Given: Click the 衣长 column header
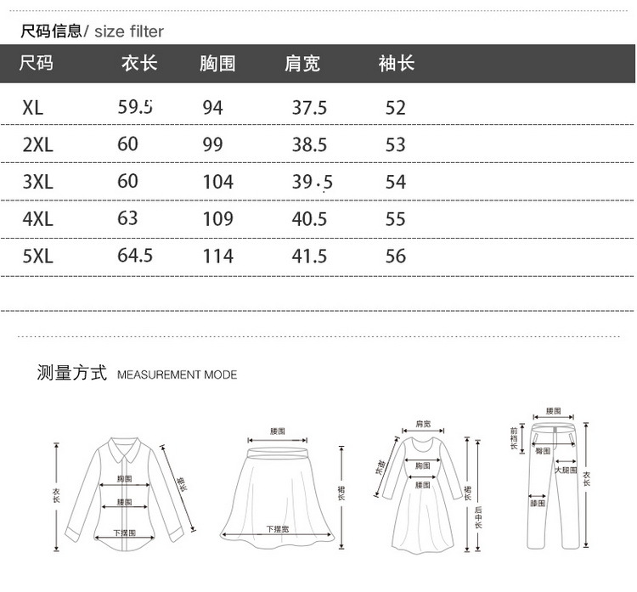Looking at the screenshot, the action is (x=139, y=64).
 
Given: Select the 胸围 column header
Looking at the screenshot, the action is (x=217, y=64).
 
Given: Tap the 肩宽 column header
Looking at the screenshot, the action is (x=302, y=64).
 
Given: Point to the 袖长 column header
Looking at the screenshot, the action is (x=396, y=64).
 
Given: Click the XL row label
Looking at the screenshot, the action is (x=33, y=108).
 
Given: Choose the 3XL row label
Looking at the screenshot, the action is (x=38, y=182).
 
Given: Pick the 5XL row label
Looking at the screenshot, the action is (x=38, y=256).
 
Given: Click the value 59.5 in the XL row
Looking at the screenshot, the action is (x=135, y=107).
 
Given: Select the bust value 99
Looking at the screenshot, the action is (x=212, y=144).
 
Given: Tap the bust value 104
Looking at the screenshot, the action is (x=217, y=182).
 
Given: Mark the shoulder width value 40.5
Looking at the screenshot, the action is (x=309, y=219).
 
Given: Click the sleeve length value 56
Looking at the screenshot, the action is (x=396, y=256).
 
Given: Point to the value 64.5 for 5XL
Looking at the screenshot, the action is (x=135, y=255).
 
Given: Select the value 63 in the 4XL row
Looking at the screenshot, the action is (x=127, y=218).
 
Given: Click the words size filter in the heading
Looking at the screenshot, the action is (x=128, y=31).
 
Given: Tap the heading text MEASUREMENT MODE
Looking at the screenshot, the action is (x=177, y=375).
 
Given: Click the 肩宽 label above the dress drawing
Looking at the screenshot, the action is (x=422, y=424).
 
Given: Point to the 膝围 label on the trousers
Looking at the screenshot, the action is (x=537, y=503).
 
